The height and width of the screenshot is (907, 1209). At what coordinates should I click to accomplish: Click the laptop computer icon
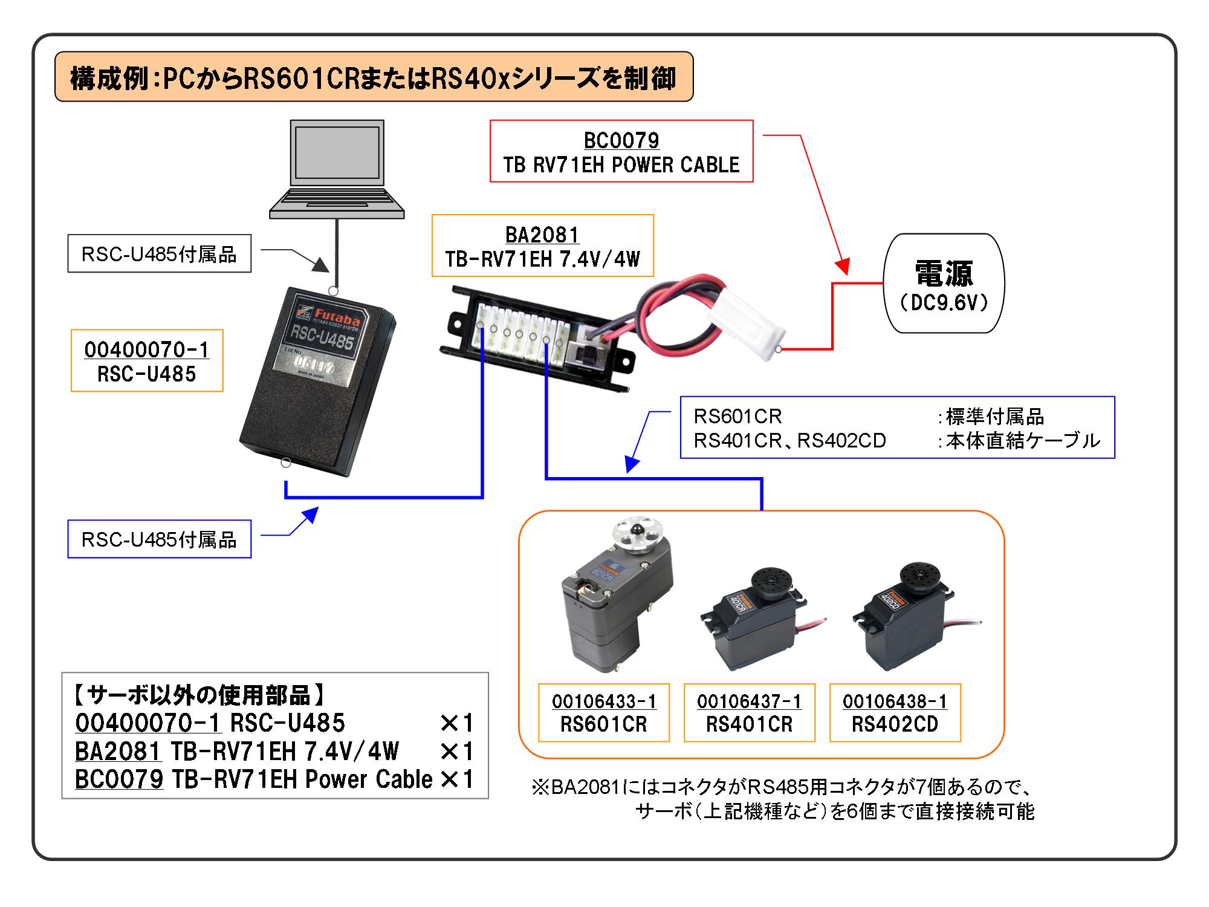(337, 169)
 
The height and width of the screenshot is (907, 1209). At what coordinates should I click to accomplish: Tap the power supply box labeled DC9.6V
(944, 284)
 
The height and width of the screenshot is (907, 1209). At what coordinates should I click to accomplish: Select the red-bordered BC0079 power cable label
(621, 151)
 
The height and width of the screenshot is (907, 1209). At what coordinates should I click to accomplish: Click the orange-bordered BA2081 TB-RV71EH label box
(542, 245)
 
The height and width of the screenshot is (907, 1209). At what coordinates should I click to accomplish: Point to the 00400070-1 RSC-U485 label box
(147, 360)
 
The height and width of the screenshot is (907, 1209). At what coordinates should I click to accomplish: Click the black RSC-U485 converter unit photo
(317, 387)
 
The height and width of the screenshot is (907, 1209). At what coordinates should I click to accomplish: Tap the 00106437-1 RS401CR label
(749, 712)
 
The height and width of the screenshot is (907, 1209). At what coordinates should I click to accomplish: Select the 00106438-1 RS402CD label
(895, 712)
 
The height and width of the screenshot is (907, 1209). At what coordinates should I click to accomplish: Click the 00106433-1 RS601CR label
(603, 712)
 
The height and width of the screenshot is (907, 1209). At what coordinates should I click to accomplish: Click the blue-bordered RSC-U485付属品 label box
(159, 539)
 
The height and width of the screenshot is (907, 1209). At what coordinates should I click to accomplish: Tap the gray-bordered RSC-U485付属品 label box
(159, 253)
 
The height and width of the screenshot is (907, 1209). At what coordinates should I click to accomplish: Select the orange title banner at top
(374, 77)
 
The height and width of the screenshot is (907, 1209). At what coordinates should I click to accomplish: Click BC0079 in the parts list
(119, 779)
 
